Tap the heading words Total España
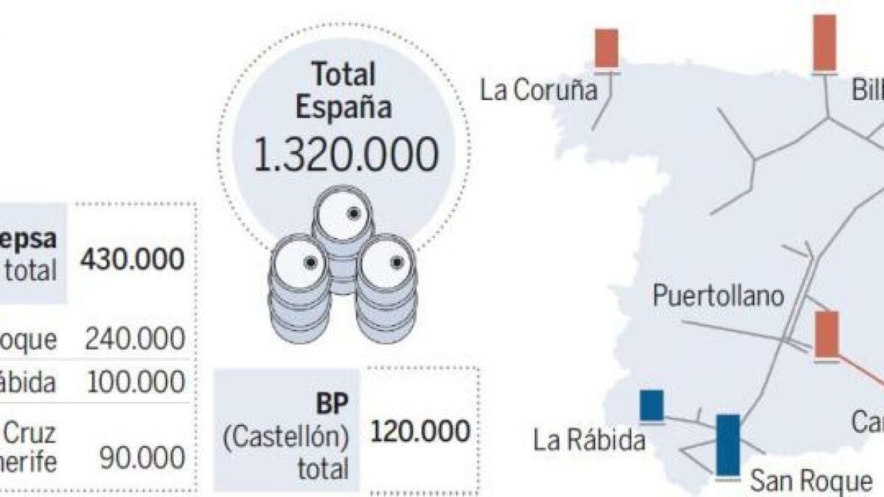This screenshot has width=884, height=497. (343, 91)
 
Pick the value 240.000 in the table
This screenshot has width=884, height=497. (135, 339)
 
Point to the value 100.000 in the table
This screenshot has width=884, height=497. (135, 382)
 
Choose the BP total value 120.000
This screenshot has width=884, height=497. (421, 431)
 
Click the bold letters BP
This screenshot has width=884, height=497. (331, 403)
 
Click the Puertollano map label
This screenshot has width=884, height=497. (718, 297)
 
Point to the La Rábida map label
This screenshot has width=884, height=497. (589, 440)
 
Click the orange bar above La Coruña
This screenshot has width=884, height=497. (607, 49)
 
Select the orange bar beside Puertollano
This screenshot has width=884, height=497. (827, 334)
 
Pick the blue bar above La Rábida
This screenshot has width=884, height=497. (651, 406)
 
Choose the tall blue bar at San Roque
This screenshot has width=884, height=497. (728, 445)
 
